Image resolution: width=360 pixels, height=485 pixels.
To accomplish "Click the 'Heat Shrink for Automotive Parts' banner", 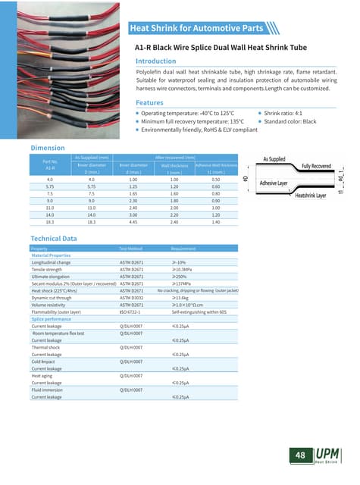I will click(197, 29).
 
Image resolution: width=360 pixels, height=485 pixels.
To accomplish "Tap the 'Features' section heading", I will click(149, 102).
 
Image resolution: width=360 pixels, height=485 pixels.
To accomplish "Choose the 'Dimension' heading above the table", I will click(47, 148).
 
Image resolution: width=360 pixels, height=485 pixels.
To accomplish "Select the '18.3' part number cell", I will click(50, 223).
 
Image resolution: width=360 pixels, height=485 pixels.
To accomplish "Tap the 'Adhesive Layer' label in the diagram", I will click(278, 183).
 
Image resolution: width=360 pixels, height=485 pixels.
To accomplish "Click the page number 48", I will click(301, 455).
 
